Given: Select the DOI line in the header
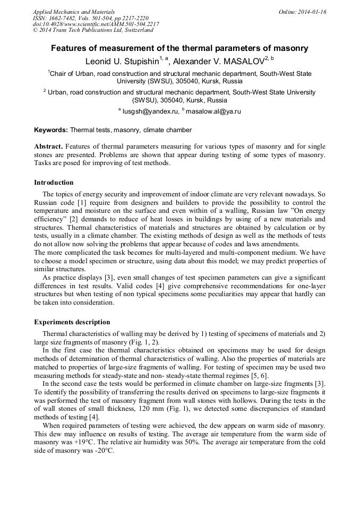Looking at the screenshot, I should coord(96,24).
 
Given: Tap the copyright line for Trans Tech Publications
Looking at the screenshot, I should coord(93,30).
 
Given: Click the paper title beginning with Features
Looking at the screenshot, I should coord(179,48).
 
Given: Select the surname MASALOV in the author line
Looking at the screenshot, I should coord(242,61).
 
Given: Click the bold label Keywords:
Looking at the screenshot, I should coord(51,130).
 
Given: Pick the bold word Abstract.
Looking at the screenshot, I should coord(49,146).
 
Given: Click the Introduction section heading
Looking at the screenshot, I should coord(54,182).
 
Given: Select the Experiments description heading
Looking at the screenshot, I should coord(72,322).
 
